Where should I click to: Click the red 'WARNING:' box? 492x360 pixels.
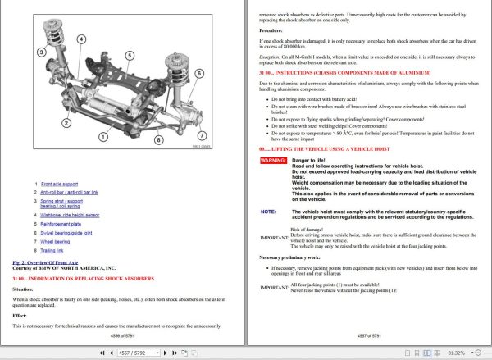(273, 162)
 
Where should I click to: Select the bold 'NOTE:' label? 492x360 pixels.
(268, 211)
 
